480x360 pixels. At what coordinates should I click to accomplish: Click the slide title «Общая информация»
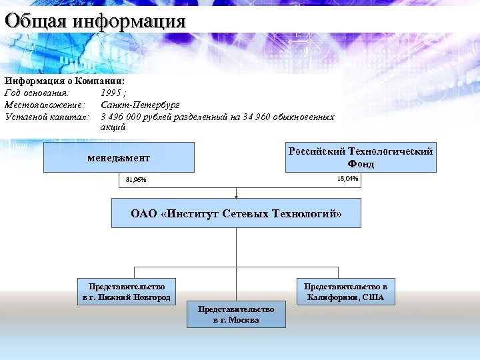(95, 21)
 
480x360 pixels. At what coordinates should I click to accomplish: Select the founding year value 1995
(111, 93)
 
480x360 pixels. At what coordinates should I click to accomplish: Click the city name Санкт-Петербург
(140, 105)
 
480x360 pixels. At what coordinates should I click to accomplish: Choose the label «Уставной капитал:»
(47, 117)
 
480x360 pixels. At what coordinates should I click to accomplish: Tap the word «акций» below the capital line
(113, 127)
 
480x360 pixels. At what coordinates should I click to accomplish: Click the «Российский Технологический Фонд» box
(361, 157)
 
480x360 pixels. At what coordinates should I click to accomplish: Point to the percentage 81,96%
(136, 180)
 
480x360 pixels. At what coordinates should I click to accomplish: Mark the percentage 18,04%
(347, 179)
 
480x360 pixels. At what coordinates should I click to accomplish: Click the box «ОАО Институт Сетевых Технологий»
(236, 214)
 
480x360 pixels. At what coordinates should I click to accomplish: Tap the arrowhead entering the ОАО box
(236, 197)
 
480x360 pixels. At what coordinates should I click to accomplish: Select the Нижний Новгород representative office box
(126, 291)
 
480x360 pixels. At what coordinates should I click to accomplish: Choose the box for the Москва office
(236, 315)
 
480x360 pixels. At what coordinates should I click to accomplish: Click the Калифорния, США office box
(345, 291)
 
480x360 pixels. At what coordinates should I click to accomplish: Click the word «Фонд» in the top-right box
(361, 164)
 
